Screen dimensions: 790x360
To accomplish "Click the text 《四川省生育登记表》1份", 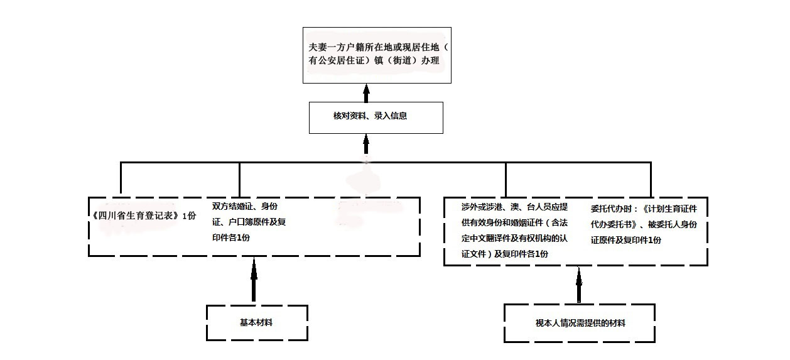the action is tap(144, 215).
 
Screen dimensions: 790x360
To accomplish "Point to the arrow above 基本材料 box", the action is tap(254, 280).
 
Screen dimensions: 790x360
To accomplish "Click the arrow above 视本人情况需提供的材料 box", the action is tap(579, 285).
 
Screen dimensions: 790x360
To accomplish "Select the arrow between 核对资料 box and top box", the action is tap(366, 93).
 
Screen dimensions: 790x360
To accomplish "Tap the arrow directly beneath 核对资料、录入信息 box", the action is tap(366, 144).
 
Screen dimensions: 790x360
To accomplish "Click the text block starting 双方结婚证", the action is tap(249, 222).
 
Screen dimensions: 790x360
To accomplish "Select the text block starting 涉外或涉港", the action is tap(514, 230).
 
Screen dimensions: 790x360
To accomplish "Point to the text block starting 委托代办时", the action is tap(644, 224).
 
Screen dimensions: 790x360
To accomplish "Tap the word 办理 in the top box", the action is tap(430, 61).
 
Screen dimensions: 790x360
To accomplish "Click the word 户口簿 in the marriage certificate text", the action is tap(241, 222).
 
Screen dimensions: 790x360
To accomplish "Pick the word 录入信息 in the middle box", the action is tap(391, 116).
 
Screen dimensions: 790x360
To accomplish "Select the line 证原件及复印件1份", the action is tap(626, 240).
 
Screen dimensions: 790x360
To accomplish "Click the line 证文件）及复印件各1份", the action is tap(505, 254).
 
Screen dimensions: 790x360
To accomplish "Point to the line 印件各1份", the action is tap(231, 237).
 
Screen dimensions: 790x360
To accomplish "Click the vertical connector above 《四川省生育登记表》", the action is tap(121, 178).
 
